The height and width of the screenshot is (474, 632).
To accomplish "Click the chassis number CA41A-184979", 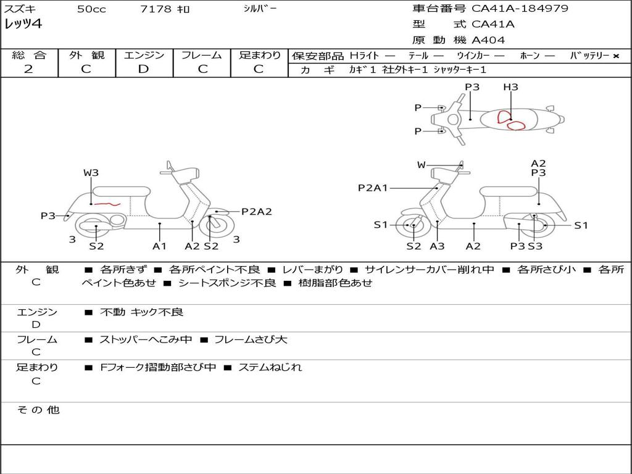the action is [x=520, y=9].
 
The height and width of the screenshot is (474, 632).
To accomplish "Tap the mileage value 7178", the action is [x=156, y=9].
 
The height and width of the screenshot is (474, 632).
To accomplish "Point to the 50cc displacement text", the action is [x=91, y=9].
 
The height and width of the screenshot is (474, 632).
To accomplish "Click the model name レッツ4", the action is [x=23, y=24].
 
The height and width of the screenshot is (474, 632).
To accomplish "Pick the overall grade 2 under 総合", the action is [x=28, y=69].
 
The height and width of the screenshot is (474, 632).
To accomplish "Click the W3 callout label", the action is [x=91, y=173].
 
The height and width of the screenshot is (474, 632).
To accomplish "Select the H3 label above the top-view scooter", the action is [x=510, y=87].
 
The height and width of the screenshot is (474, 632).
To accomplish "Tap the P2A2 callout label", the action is [x=256, y=212].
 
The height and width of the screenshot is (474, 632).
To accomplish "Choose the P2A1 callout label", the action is [x=373, y=188].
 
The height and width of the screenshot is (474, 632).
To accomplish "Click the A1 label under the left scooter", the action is [x=159, y=246].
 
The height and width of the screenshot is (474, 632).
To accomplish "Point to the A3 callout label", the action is [x=437, y=246].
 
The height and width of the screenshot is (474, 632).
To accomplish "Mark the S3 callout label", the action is [x=535, y=246].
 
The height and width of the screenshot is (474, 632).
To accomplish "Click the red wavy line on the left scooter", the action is [x=107, y=204].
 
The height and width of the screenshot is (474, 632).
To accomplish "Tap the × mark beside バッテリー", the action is [x=616, y=56].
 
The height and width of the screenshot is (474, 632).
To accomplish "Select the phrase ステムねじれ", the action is [x=270, y=367].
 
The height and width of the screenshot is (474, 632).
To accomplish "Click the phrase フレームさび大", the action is [x=251, y=340].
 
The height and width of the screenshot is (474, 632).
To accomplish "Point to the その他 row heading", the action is [x=38, y=410].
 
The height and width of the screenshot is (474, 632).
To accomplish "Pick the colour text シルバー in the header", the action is [x=260, y=9].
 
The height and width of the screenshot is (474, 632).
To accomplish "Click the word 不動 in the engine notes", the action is [x=112, y=312].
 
